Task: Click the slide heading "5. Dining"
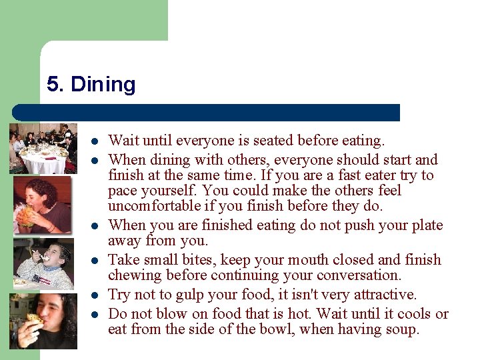coord(91,85)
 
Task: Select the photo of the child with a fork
coord(43,263)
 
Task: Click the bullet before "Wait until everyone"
coord(95,141)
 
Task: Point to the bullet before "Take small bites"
coord(95,260)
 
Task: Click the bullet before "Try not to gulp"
coord(95,295)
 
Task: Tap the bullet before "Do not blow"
coord(95,314)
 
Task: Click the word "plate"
coord(425,225)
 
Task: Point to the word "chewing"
coord(133,275)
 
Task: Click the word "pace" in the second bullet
coord(123,191)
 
